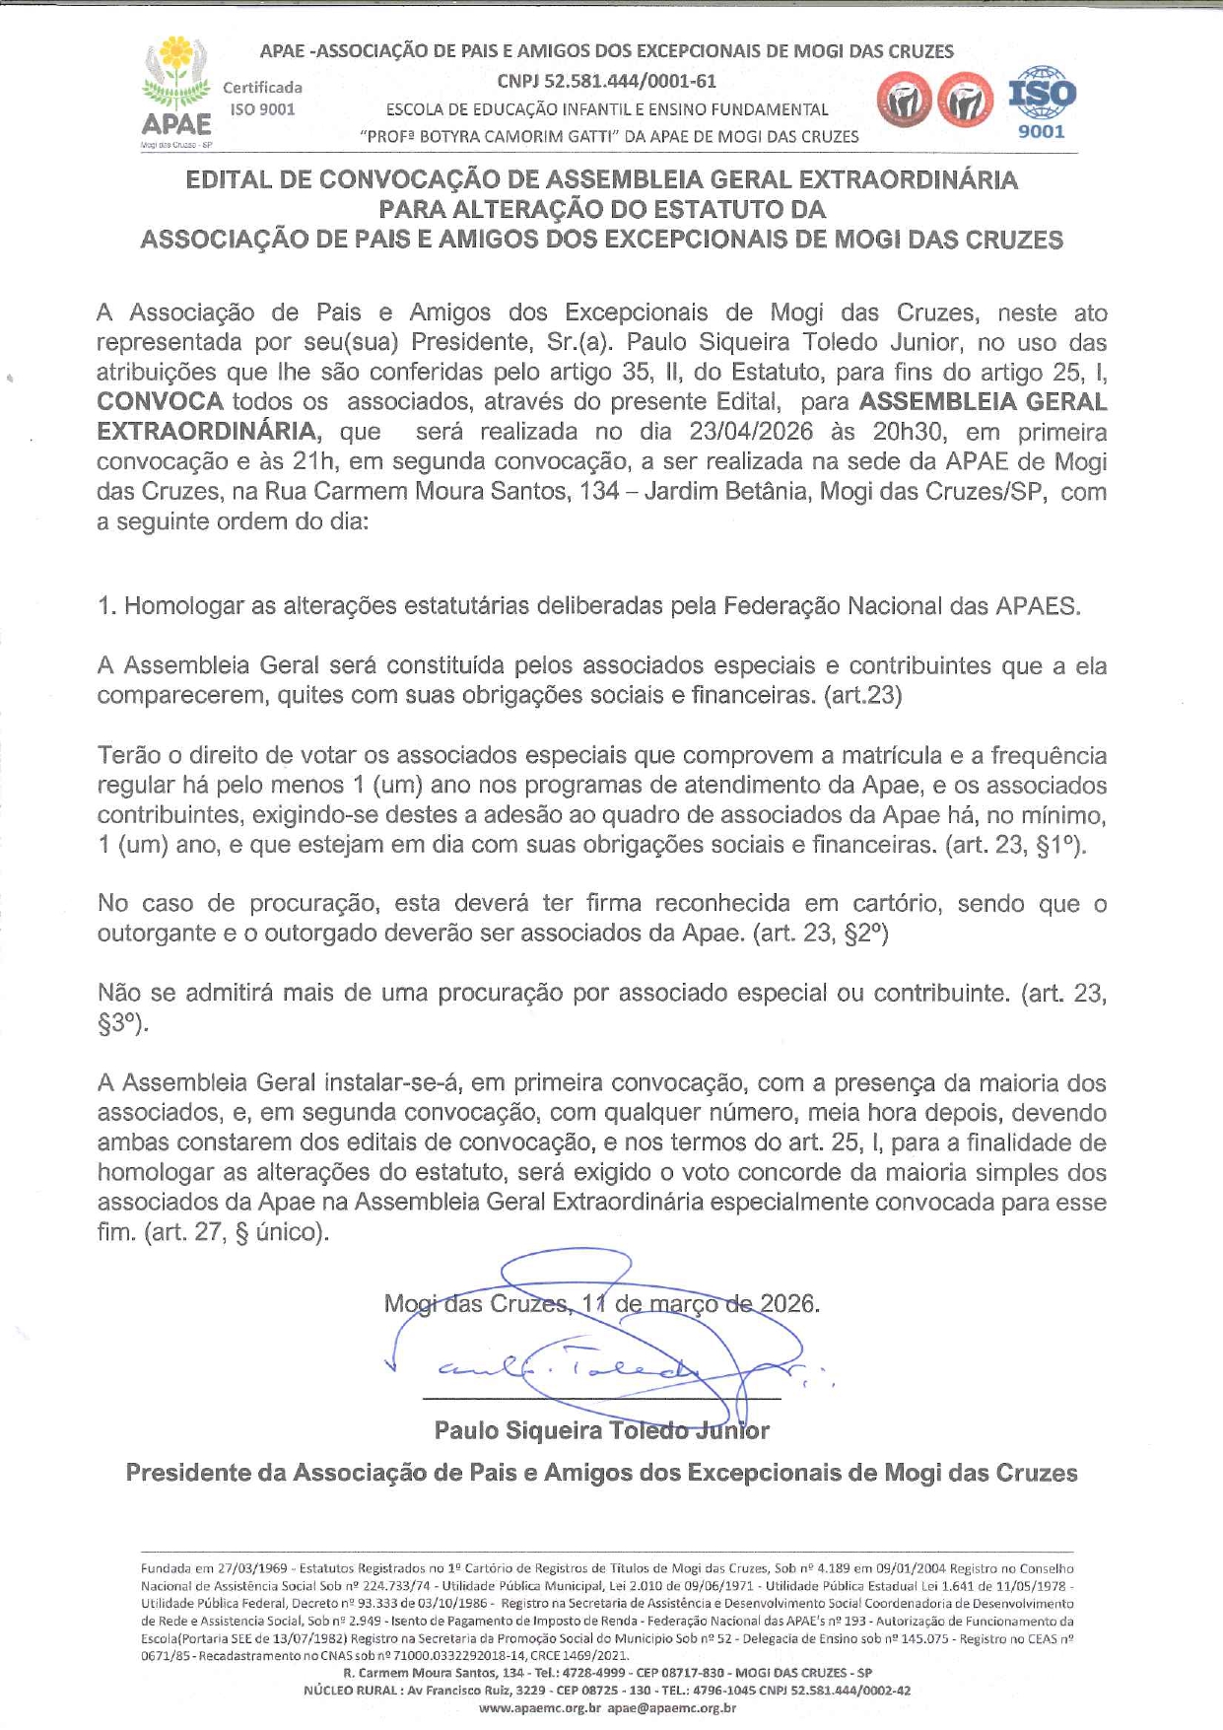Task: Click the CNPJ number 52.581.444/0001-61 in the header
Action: pos(606,82)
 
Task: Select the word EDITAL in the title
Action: pos(229,180)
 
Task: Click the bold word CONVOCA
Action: pos(160,402)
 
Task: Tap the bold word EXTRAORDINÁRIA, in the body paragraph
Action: pos(208,433)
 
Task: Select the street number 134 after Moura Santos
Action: pos(600,492)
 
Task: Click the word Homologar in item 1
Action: pos(183,606)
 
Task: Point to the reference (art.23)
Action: pos(862,696)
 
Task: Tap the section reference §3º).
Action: pos(123,1024)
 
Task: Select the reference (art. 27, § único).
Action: pos(235,1232)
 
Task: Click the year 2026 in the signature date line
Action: pos(787,1304)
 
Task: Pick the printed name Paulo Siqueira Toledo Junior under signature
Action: pos(601,1430)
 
